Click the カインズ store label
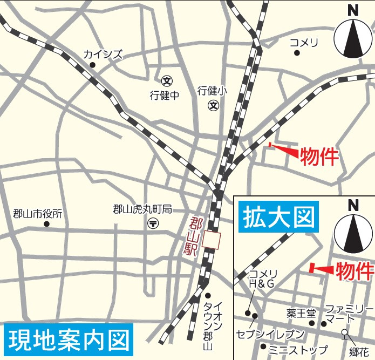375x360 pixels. [x=103, y=55]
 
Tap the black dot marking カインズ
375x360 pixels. [x=92, y=65]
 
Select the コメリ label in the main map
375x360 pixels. [x=304, y=43]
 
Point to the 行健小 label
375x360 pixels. [x=212, y=91]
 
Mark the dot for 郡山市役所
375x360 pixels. [x=46, y=223]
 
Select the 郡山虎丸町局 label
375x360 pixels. [x=142, y=209]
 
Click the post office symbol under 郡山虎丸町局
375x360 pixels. [x=153, y=222]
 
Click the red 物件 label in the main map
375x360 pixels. [x=319, y=157]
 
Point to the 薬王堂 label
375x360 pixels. [x=301, y=313]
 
